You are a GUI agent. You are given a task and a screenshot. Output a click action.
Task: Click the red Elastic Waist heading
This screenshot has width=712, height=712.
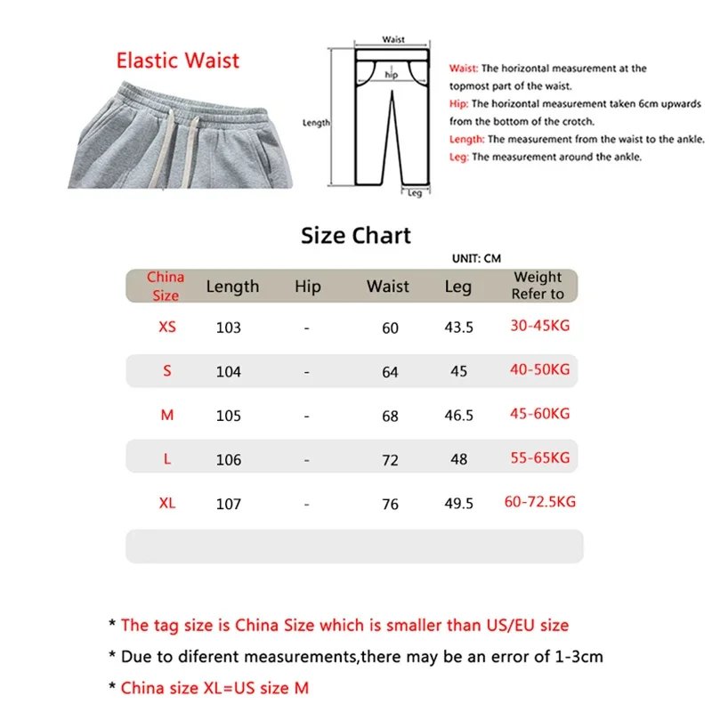178,61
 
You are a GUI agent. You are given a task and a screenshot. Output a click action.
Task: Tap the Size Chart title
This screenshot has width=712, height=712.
356,235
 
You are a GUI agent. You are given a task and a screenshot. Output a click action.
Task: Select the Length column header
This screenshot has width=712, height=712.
232,287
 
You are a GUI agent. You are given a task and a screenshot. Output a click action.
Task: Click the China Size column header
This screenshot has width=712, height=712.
166,287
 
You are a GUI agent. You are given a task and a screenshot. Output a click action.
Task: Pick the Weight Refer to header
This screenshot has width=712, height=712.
538,286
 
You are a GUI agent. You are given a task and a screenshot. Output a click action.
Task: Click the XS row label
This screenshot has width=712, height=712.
167,327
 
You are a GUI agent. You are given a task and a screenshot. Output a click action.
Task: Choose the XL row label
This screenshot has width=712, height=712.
167,504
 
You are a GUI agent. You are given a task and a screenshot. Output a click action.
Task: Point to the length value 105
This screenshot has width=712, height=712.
229,416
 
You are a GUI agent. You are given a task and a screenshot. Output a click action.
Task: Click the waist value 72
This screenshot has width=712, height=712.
390,460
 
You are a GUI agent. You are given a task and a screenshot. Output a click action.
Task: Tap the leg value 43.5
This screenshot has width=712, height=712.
459,328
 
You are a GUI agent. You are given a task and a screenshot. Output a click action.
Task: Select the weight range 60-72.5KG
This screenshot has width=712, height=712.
540,502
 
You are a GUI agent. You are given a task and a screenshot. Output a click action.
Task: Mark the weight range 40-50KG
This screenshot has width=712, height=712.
539,369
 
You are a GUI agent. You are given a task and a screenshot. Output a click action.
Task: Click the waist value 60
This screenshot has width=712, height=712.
390,328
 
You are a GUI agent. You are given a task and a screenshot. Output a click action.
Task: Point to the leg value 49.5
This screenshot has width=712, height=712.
459,505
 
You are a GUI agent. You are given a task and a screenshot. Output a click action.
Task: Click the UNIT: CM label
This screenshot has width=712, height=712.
476,258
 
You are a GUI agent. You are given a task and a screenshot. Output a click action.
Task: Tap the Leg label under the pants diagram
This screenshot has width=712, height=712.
415,192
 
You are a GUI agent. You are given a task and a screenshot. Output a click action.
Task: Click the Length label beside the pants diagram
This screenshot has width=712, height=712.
316,123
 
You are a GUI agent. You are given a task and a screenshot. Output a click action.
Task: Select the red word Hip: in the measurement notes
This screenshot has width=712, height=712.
460,104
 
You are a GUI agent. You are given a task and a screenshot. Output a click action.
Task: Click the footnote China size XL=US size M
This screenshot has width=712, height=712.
214,687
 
